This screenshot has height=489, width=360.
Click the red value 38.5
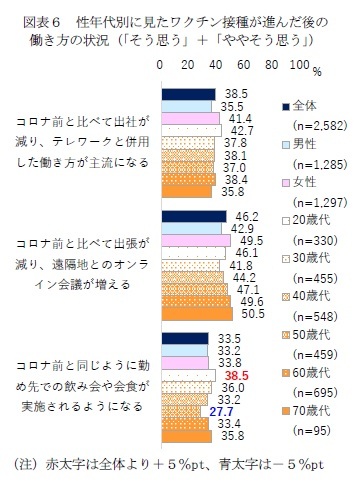236,373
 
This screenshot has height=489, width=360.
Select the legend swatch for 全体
287,104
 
